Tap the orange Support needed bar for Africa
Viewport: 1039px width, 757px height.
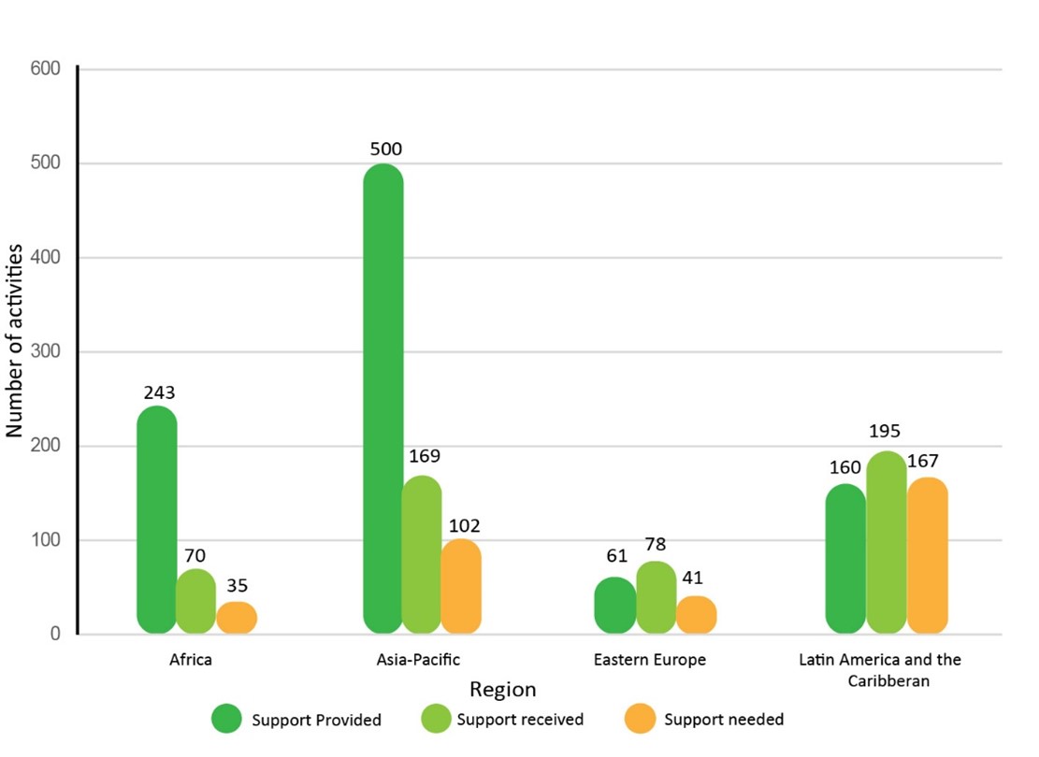(x=237, y=618)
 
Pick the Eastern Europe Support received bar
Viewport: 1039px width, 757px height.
(x=656, y=598)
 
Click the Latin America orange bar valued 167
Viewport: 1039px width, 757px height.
(x=927, y=555)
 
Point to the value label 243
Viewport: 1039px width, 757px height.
(x=159, y=393)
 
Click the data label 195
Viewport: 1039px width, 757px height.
(x=884, y=431)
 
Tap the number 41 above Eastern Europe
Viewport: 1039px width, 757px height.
(x=693, y=578)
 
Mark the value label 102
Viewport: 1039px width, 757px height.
(x=462, y=525)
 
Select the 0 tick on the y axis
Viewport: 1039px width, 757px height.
(x=55, y=635)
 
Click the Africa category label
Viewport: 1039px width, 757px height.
(x=191, y=660)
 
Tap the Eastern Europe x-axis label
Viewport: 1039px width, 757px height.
(x=649, y=660)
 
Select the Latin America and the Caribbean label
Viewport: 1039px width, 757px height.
(x=879, y=670)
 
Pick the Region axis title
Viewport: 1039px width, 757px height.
(x=502, y=690)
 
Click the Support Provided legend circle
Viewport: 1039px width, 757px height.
(x=227, y=719)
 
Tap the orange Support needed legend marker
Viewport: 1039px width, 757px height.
(x=641, y=719)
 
